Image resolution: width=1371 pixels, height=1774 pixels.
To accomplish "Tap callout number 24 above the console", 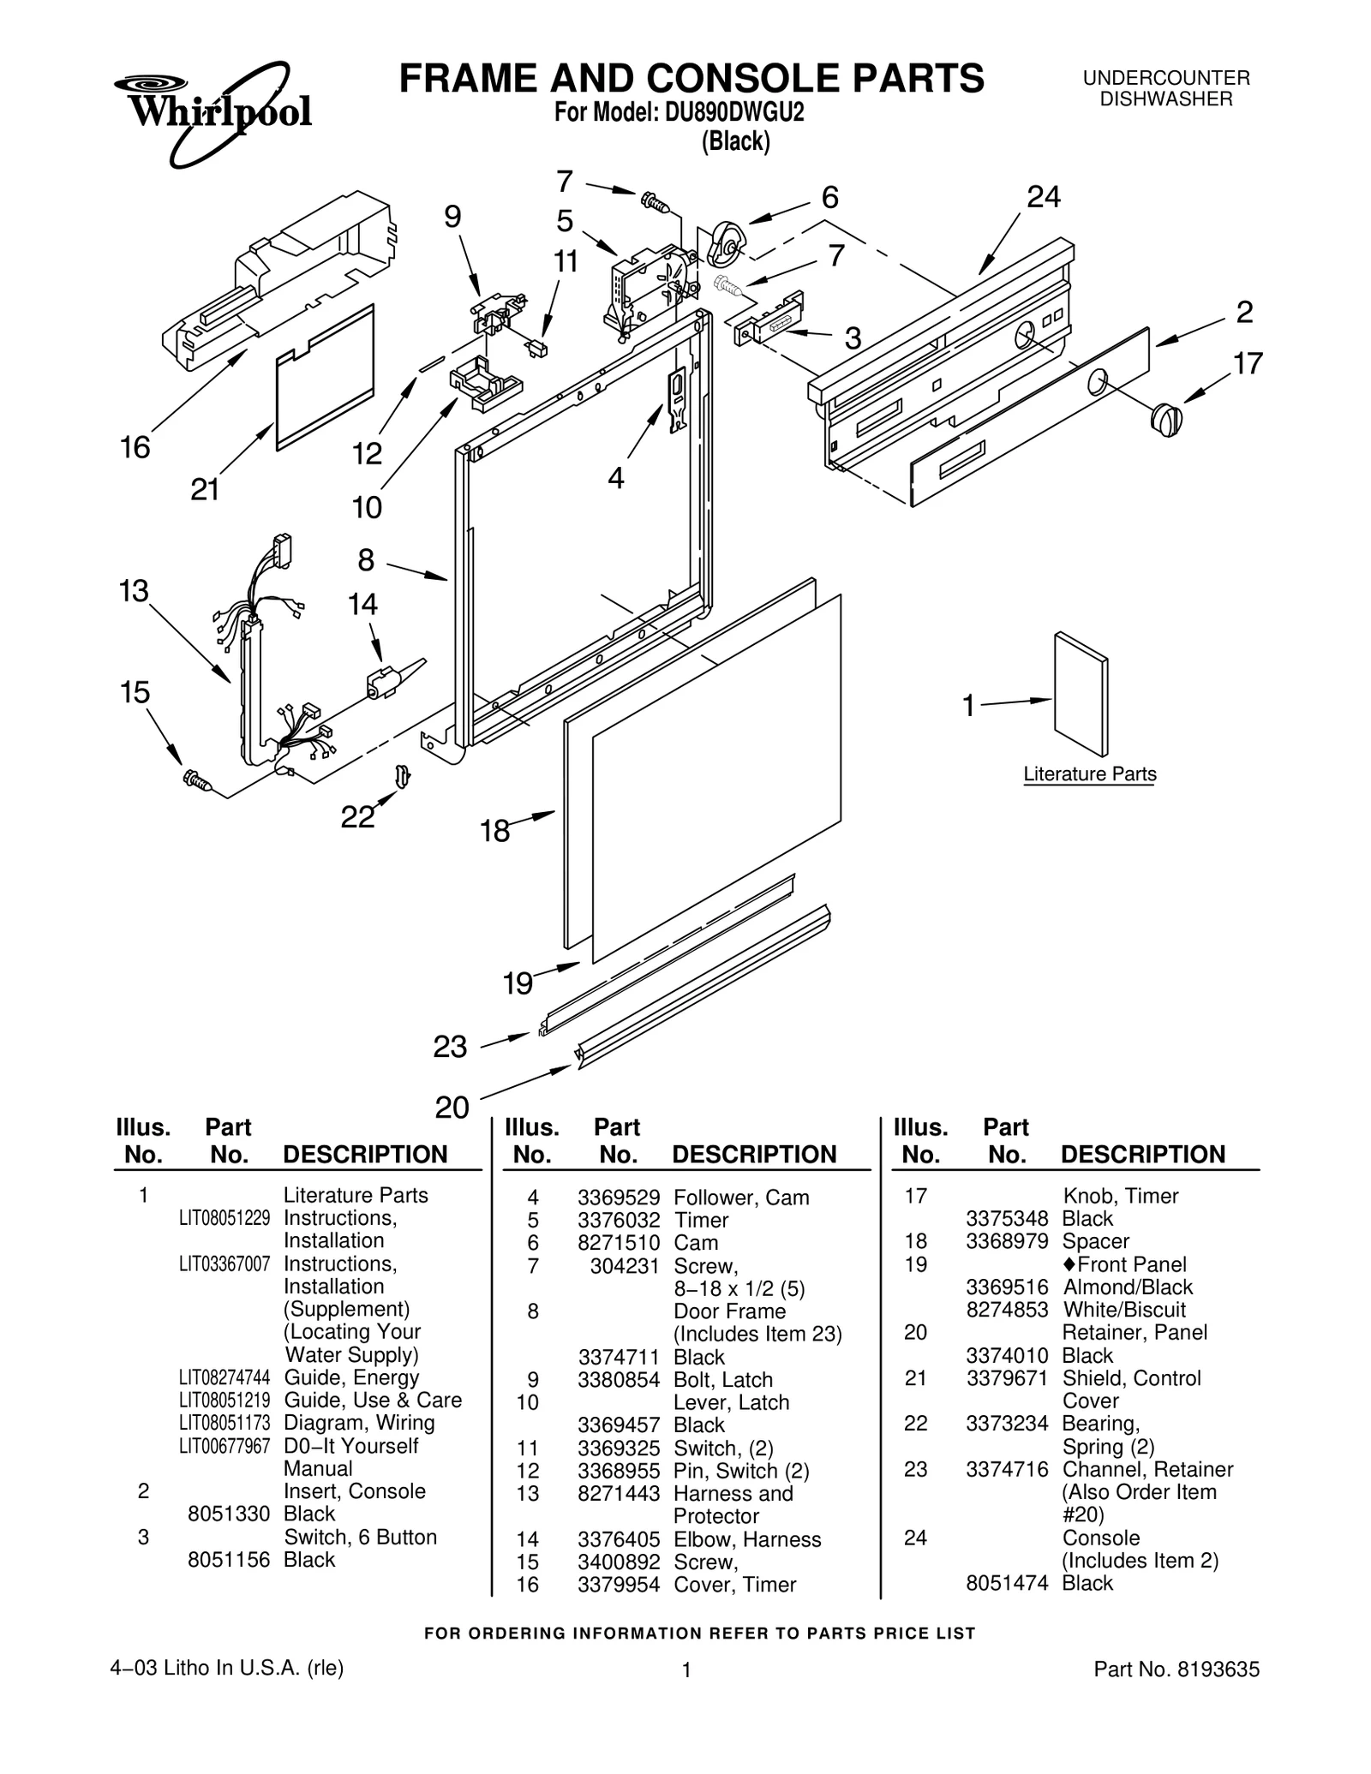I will [x=1043, y=198].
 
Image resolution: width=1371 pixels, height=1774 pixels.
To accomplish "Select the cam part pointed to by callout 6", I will [x=725, y=243].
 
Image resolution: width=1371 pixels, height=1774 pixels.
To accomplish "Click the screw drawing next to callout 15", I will [x=196, y=779].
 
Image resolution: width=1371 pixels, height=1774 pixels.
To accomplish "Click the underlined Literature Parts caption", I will [x=1089, y=774].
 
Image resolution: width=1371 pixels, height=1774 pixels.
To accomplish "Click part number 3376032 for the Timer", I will [x=618, y=1220].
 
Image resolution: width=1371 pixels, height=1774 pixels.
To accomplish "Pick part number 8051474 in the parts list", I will [x=1006, y=1583].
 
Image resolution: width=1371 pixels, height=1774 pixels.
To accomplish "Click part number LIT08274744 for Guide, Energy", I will [x=225, y=1378].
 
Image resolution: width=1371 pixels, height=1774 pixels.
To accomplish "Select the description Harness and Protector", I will [x=733, y=1504].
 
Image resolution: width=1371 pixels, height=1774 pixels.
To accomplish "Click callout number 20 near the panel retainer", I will [x=452, y=1108].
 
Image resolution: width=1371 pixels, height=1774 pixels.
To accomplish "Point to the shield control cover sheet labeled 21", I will [x=326, y=377].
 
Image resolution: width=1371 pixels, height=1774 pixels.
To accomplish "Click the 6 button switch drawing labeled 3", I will [x=769, y=317].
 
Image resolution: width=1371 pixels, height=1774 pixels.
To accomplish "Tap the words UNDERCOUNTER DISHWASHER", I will [x=1165, y=88].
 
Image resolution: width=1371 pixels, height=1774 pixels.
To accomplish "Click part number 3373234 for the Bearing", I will [x=1006, y=1423].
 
